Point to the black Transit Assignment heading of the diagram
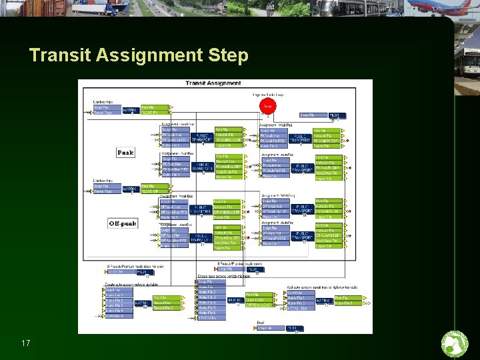point(213,83)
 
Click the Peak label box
point(125,153)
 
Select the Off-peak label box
point(123,223)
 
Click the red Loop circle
point(268,106)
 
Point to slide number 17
point(26,343)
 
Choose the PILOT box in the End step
point(294,328)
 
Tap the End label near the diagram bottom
point(261,323)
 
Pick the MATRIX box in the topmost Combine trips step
point(130,110)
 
